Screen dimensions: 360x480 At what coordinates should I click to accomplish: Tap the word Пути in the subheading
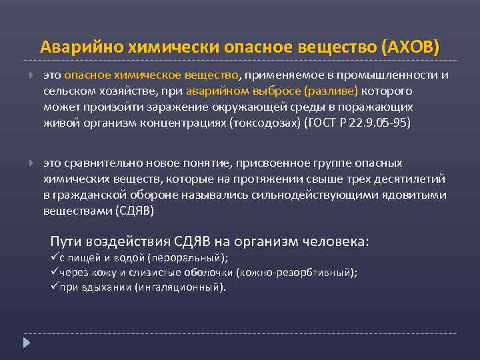pos(65,241)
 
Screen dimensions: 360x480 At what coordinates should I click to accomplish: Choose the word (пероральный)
pos(188,258)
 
